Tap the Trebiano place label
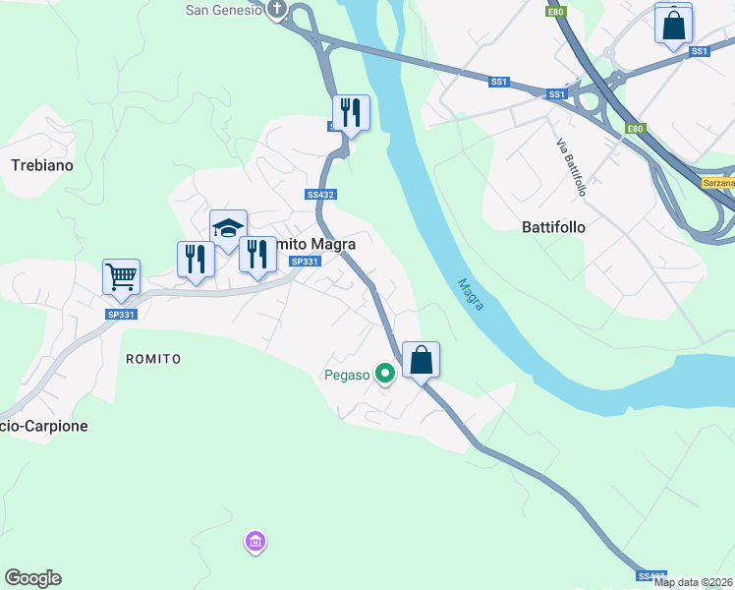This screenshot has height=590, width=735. tap(42, 165)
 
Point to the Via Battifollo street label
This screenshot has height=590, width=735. tap(571, 167)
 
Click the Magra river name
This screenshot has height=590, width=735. tap(471, 294)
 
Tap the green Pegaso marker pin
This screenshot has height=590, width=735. tap(385, 373)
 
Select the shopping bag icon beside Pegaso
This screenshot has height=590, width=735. tap(421, 360)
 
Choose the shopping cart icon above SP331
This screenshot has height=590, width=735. tap(121, 277)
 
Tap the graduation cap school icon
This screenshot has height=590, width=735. tap(228, 228)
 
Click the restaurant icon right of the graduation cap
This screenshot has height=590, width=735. tap(257, 255)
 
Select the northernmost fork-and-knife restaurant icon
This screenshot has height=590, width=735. tap(350, 113)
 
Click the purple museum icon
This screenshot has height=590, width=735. tap(254, 542)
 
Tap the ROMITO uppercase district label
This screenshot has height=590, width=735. tap(153, 359)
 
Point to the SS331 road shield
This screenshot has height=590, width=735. tap(306, 261)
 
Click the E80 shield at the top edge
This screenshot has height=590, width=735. tap(556, 12)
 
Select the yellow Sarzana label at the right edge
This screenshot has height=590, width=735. tap(717, 183)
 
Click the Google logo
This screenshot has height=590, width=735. tap(32, 578)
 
